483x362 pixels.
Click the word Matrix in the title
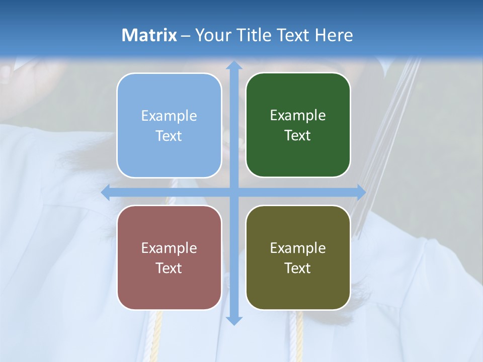click(149, 35)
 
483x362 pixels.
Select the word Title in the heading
click(254, 35)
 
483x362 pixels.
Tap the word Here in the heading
click(334, 35)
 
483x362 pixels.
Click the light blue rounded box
click(169, 125)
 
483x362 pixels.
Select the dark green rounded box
click(298, 125)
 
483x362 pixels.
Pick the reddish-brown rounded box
click(169, 257)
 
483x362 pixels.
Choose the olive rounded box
click(298, 257)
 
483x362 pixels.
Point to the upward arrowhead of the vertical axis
click(234, 65)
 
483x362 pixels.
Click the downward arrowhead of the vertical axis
click(234, 320)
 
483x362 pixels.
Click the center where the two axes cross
click(234, 192)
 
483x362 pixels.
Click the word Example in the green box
click(298, 116)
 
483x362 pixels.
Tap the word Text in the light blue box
click(169, 136)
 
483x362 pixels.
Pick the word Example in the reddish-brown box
click(169, 248)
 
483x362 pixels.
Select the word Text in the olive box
click(298, 268)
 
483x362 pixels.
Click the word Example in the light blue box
click(169, 116)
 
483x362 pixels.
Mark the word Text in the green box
click(298, 136)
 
